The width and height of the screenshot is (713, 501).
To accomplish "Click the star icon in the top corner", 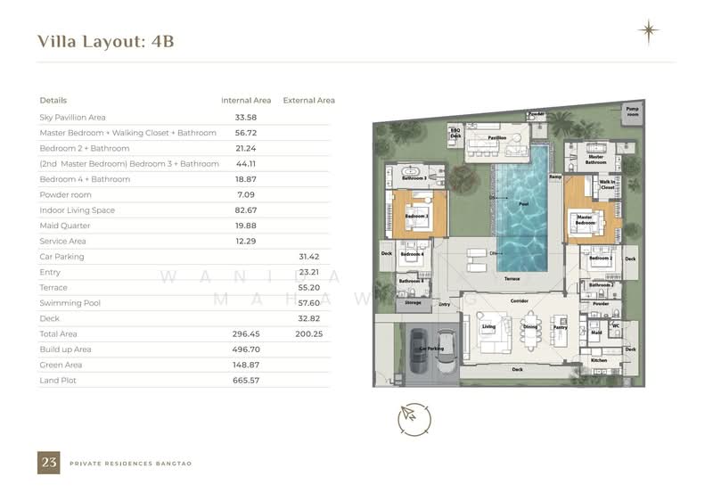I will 648,32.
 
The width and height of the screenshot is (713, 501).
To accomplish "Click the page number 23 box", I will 48,463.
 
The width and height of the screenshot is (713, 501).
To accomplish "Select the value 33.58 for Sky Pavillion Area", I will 245,117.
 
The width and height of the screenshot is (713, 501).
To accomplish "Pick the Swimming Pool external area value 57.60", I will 308,303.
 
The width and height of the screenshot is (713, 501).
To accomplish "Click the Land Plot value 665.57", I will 245,381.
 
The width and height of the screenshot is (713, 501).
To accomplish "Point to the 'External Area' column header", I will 308,101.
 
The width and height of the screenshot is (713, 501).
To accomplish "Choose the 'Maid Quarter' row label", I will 65,226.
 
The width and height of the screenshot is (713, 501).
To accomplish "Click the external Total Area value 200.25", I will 308,334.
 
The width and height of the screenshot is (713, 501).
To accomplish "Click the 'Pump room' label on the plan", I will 632,112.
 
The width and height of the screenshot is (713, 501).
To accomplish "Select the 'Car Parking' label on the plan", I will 425,349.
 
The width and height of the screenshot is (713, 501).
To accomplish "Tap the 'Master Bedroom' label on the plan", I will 585,218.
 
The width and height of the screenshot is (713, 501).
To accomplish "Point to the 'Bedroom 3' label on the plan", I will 416,217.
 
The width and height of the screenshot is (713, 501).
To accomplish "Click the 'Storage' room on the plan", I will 412,303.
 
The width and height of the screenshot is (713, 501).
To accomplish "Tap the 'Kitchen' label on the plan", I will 599,360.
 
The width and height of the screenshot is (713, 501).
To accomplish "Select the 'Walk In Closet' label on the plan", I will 608,185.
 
